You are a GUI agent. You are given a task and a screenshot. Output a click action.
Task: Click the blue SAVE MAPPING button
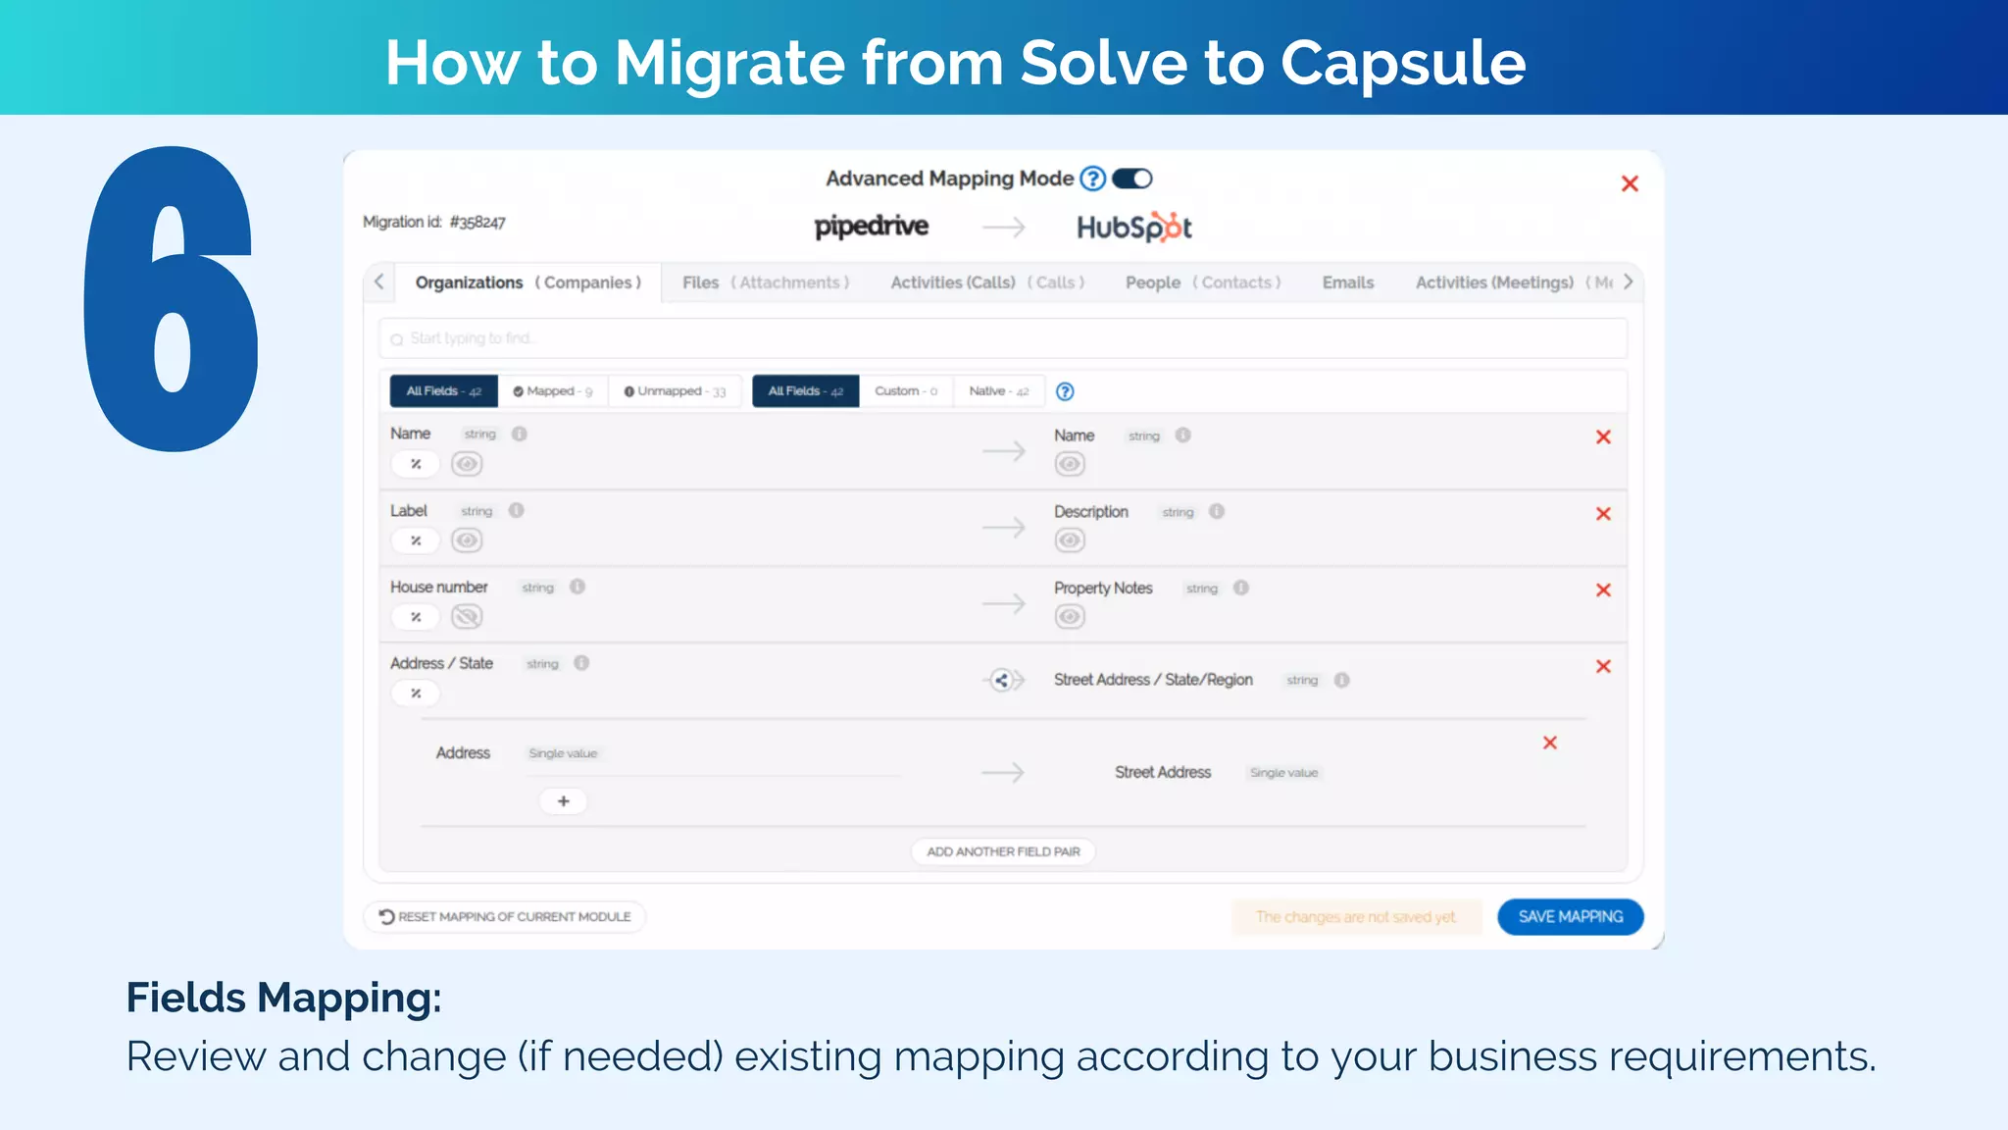click(1570, 916)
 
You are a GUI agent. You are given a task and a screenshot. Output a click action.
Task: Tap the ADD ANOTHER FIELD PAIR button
click(1003, 851)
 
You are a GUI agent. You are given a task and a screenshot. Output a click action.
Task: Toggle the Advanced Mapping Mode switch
click(1132, 179)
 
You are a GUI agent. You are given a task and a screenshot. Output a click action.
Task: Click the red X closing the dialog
click(1630, 183)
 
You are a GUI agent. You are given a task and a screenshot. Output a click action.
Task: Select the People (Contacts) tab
click(1203, 282)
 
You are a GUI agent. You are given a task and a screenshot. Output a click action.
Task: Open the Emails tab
click(1347, 282)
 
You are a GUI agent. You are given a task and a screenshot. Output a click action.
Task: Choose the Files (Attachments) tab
click(765, 282)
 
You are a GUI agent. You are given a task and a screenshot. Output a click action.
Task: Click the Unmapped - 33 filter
click(675, 391)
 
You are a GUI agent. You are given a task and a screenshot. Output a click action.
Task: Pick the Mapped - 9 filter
click(553, 391)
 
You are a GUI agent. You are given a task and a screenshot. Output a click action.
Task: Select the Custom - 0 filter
click(906, 391)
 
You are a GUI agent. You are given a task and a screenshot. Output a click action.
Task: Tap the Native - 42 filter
click(998, 391)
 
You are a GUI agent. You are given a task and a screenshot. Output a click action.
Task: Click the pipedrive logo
click(872, 227)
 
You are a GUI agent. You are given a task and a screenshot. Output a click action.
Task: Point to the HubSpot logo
click(1134, 228)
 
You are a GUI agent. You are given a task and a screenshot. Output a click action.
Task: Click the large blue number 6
click(173, 299)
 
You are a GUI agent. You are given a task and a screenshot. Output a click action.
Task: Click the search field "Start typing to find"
click(1003, 338)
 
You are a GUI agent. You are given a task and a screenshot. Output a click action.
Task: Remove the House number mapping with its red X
click(1603, 590)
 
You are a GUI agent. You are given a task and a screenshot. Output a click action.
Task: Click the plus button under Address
click(564, 801)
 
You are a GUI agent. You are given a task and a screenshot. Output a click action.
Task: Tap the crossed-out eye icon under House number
click(467, 617)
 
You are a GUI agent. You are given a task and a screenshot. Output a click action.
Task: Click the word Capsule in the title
click(1402, 63)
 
